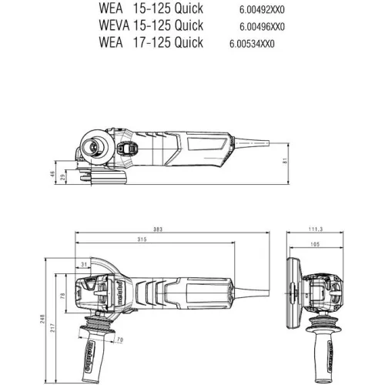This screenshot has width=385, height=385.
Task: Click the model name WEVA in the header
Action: pos(115,25)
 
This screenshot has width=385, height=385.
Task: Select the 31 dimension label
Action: pos(82,266)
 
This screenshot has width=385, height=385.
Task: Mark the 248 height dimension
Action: pos(43,318)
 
